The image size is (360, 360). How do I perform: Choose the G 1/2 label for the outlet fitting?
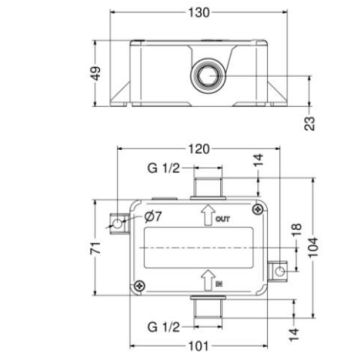point(161,167)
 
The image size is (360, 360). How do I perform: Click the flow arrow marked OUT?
point(207,214)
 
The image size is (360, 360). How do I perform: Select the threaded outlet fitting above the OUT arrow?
point(206,185)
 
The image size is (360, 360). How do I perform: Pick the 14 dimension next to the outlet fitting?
point(258,160)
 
